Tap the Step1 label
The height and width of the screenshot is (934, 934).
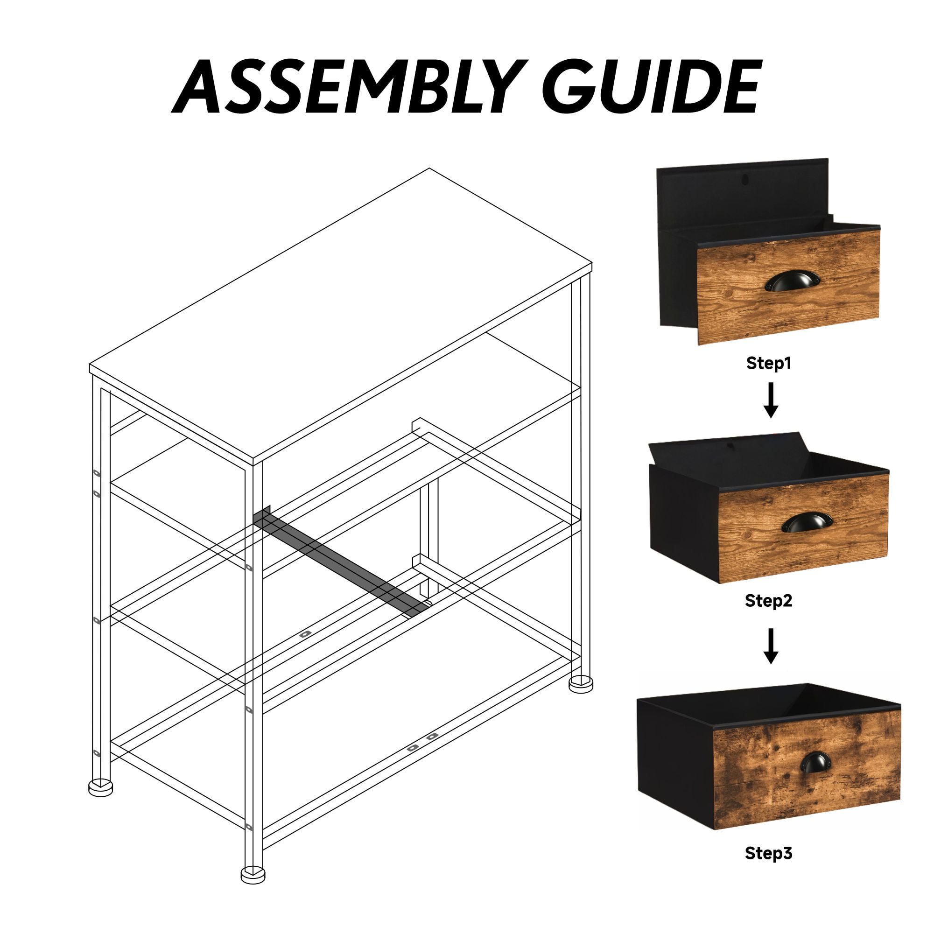769,363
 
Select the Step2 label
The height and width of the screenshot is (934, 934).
769,601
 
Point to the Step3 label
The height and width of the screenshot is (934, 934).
769,853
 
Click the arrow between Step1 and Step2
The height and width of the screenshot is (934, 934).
771,400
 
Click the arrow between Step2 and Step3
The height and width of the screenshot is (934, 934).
771,646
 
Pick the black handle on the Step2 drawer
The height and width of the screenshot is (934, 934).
807,522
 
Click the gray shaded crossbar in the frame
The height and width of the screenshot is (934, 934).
341,562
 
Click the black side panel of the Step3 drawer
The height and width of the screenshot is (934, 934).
676,762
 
